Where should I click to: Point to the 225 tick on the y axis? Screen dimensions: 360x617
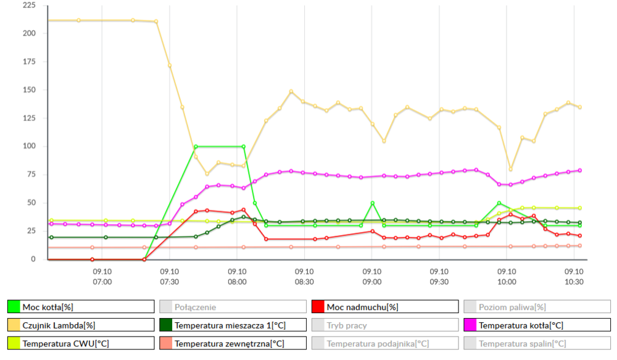tap(29, 6)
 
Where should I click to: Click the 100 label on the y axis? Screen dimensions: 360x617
tap(29, 146)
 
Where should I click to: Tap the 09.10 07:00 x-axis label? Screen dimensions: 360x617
tap(102, 276)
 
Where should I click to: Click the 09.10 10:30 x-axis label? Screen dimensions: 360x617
tap(574, 276)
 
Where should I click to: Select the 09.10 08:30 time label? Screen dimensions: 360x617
tap(304, 276)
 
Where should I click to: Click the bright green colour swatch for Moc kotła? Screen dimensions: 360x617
tap(14, 307)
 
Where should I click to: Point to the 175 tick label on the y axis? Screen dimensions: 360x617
tap(29, 62)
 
